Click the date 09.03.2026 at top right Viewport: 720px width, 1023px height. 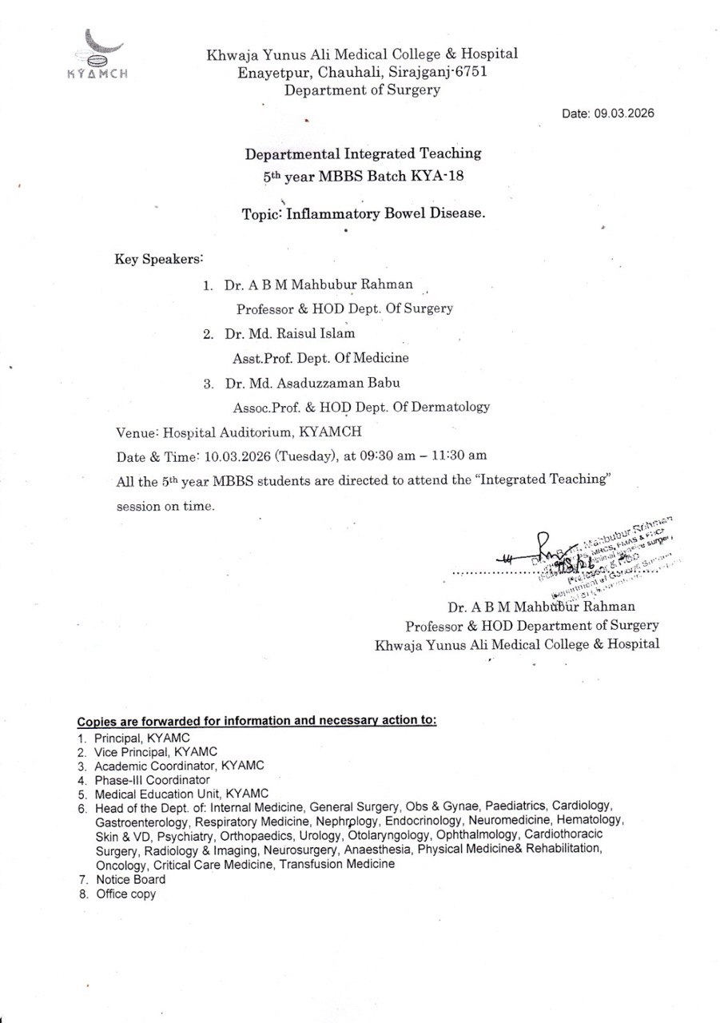(x=623, y=113)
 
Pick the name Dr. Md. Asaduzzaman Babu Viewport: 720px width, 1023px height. (x=309, y=383)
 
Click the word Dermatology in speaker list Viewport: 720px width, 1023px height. (x=451, y=407)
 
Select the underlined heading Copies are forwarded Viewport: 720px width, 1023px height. (x=257, y=720)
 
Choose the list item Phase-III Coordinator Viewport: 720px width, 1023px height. (x=152, y=779)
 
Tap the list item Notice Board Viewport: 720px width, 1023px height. (x=130, y=879)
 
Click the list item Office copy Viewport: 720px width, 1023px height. (x=126, y=894)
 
